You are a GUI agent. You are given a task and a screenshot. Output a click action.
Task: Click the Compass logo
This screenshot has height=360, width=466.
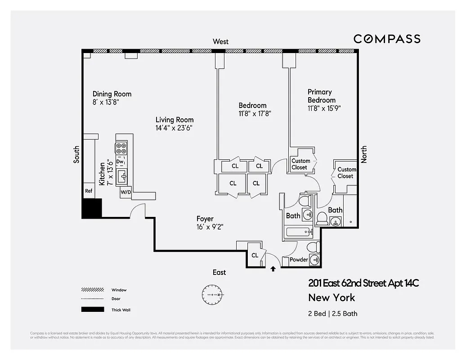coord(387,39)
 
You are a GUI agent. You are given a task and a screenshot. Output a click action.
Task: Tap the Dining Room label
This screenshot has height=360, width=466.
coord(112,94)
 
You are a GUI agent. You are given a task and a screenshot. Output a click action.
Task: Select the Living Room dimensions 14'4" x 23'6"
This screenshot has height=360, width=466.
coord(175,128)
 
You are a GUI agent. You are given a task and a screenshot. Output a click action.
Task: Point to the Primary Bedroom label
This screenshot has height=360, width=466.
coord(321,96)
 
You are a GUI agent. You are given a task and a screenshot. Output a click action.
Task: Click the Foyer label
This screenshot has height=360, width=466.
coord(205,219)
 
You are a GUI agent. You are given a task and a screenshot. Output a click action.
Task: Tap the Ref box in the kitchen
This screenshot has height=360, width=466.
coord(89,191)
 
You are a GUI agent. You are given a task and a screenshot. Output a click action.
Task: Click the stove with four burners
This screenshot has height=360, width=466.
coord(121,148)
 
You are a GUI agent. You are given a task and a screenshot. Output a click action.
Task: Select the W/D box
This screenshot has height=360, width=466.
coord(125,193)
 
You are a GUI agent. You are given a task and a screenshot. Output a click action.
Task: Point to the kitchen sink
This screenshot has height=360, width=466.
coord(122,177)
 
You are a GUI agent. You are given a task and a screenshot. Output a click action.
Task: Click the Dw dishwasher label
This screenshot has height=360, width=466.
coord(120,161)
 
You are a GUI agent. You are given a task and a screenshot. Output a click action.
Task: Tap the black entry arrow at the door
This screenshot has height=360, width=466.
coord(273,269)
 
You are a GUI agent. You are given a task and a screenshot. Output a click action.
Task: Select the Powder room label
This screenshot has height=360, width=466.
coord(299,260)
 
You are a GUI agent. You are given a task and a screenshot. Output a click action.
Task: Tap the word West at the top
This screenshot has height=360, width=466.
coord(220,41)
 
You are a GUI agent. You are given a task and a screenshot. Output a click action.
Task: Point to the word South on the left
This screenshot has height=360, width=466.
coord(76,154)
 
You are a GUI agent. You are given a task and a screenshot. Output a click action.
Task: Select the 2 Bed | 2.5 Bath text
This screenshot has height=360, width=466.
coord(333,314)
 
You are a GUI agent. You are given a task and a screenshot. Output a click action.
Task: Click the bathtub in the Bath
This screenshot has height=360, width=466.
coord(297,233)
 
